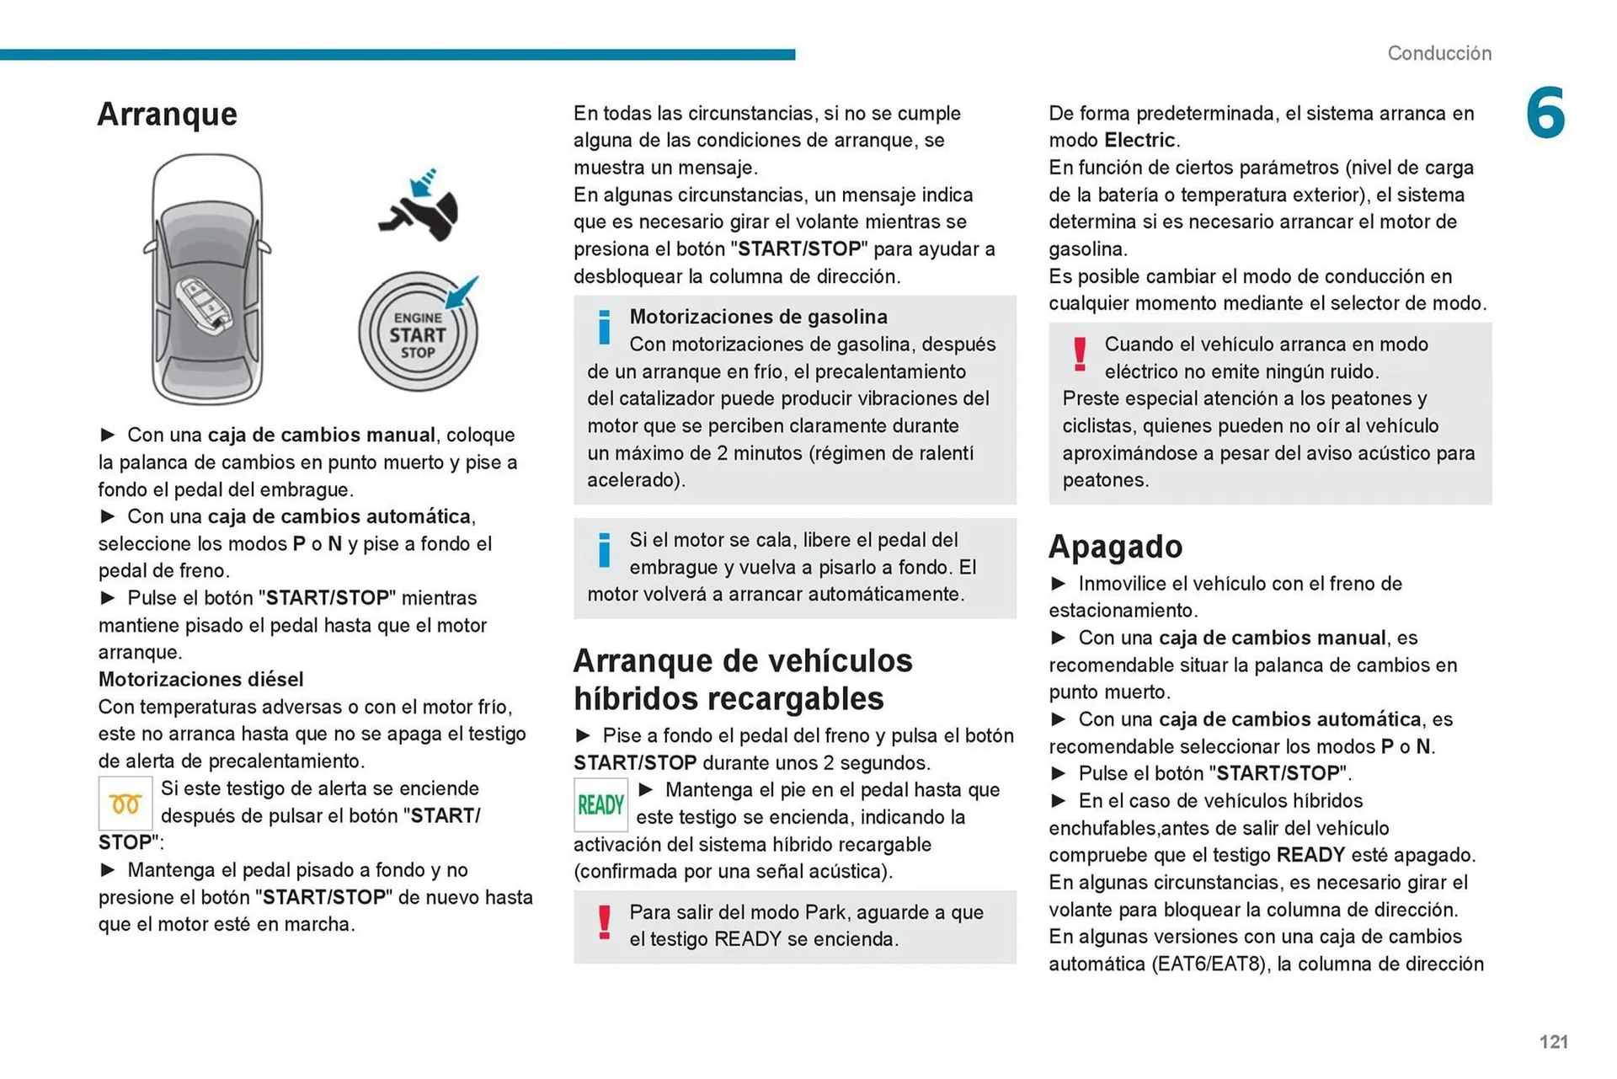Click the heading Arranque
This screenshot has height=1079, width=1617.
click(167, 114)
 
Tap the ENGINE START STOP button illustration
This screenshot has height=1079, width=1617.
click(417, 334)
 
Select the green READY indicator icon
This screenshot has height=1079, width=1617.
click(600, 804)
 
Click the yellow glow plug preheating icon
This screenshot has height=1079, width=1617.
click(125, 804)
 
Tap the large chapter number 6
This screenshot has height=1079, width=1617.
click(1545, 113)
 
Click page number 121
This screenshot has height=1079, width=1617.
click(1553, 1042)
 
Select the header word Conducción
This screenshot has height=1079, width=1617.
click(1438, 53)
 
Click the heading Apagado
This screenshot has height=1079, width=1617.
click(1115, 547)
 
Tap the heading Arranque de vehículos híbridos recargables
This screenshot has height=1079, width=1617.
click(742, 679)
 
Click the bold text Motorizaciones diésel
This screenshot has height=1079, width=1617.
click(200, 679)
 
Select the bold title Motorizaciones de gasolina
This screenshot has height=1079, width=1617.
click(758, 317)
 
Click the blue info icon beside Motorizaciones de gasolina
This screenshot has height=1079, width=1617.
click(604, 328)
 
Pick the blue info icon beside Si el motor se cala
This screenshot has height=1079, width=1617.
click(604, 550)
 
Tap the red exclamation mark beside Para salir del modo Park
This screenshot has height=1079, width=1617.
click(604, 922)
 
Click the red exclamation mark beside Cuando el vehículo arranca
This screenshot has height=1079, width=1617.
click(1079, 354)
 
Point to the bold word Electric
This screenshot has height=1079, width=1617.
click(1139, 140)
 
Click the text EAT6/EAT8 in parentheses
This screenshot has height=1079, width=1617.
click(1209, 964)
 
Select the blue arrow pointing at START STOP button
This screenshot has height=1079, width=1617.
click(462, 292)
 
